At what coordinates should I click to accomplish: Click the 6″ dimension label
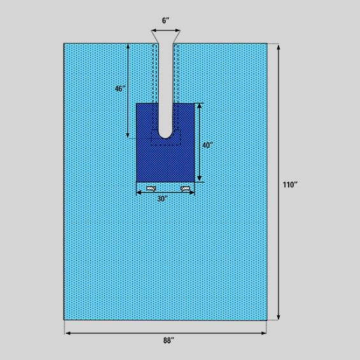coord(166,20)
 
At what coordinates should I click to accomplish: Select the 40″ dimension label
coord(208,145)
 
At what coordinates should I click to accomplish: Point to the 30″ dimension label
coord(162,199)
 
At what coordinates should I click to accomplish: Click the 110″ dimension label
coord(290,185)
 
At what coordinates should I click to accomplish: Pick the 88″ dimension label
coord(169,340)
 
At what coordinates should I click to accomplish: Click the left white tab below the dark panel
coord(151,189)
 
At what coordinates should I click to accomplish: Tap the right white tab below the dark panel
coord(185,189)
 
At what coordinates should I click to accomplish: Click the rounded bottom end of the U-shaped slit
coord(165,138)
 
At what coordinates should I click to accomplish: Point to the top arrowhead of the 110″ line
coord(278,47)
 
